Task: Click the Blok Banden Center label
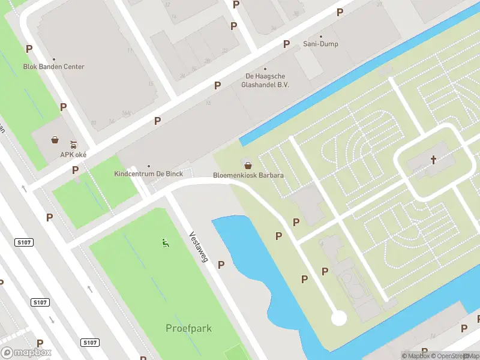click(53, 67)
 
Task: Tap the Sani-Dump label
click(320, 44)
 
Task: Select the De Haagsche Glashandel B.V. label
click(265, 80)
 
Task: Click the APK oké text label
click(74, 154)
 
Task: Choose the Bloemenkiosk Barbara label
click(248, 175)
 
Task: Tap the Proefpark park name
click(188, 328)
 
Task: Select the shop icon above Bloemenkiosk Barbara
click(247, 165)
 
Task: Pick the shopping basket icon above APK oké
click(55, 140)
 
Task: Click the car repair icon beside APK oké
click(73, 144)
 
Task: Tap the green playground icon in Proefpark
click(164, 242)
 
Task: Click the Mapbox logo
click(26, 353)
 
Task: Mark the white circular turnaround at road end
click(339, 317)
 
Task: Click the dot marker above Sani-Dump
click(320, 36)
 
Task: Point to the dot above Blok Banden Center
click(53, 59)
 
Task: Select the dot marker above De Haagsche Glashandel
click(265, 68)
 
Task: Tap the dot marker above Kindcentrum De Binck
click(148, 166)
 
